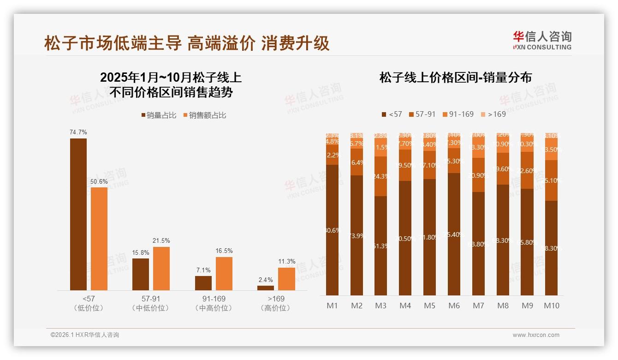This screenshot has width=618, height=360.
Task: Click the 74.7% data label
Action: coord(78,132)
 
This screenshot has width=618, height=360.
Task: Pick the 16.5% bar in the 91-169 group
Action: coord(224,273)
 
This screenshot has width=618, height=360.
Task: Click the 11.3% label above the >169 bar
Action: coord(286,262)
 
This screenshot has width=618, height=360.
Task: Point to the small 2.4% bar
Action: coord(266,288)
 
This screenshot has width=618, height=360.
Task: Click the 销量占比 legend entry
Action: coord(159,115)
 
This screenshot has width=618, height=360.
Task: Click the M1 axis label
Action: coord(332,306)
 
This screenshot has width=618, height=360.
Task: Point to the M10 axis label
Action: coord(551,306)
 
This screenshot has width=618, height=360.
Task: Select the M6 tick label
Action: coord(454,306)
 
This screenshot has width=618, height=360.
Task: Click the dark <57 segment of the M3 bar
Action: coord(380,246)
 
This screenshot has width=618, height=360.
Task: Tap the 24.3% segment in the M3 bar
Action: coord(380,176)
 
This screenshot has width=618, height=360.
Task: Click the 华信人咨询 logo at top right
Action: coord(542,40)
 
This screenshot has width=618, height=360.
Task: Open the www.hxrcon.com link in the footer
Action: coord(535,335)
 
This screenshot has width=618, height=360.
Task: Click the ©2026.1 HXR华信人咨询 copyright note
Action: coord(84,335)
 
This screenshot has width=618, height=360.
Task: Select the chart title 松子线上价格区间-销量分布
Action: coord(456,77)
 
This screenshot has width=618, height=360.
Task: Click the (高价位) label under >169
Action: coord(275,308)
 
